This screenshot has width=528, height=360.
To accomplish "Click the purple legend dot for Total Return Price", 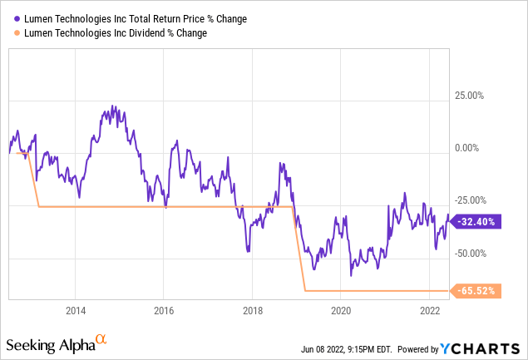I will coord(16,17).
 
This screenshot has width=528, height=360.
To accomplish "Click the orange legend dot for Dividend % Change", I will coord(16,33).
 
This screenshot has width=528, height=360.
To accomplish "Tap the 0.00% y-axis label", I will coord(468,148).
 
